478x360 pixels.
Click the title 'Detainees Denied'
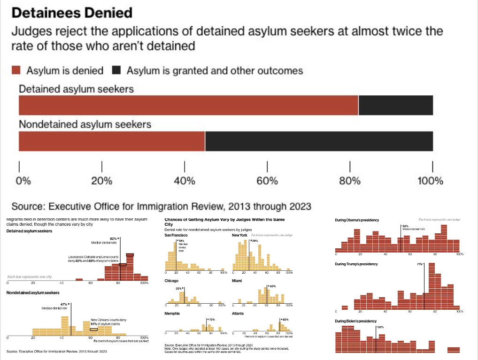pyautogui.click(x=71, y=12)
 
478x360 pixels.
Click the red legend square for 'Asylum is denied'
pyautogui.click(x=15, y=70)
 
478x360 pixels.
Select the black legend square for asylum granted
pyautogui.click(x=117, y=70)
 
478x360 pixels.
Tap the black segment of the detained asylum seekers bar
pyautogui.click(x=395, y=105)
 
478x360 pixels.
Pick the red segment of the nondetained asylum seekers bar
pyautogui.click(x=112, y=141)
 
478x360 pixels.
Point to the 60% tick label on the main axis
pyautogui.click(x=267, y=181)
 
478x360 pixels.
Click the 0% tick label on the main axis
pyautogui.click(x=23, y=181)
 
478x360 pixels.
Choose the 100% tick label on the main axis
pyautogui.click(x=431, y=181)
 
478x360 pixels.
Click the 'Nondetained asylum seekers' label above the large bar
pyautogui.click(x=85, y=124)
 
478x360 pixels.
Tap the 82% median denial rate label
pyautogui.click(x=113, y=238)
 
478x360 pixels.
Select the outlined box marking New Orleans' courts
pyautogui.click(x=93, y=329)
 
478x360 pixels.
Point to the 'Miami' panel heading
pyautogui.click(x=237, y=281)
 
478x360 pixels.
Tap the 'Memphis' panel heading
pyautogui.click(x=172, y=313)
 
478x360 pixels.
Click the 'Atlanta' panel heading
pyautogui.click(x=238, y=313)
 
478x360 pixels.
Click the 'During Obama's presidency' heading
pyautogui.click(x=357, y=220)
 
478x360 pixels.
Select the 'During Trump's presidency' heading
pyautogui.click(x=356, y=264)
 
